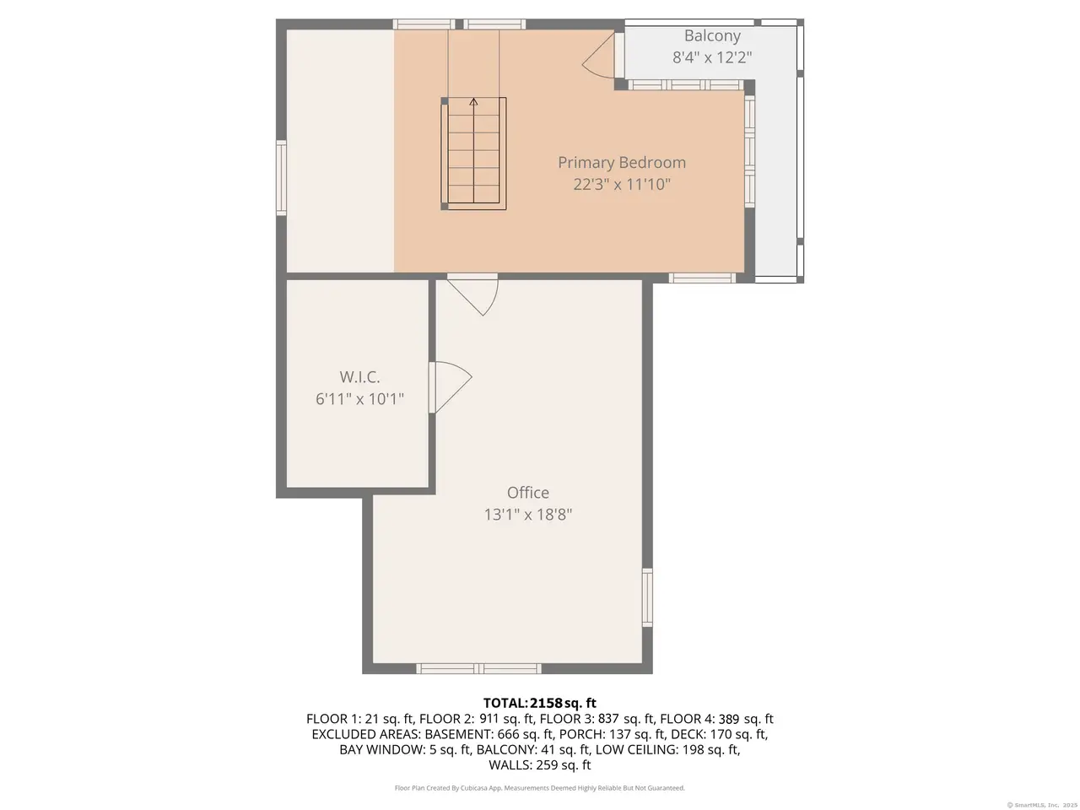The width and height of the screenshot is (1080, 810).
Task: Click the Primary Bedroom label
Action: click(x=622, y=163)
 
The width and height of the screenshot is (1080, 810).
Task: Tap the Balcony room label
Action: click(x=712, y=36)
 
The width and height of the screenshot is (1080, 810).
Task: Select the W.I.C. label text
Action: click(x=359, y=377)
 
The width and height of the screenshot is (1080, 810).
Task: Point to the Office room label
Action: click(x=528, y=492)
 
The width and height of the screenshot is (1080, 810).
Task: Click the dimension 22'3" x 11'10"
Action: click(x=622, y=185)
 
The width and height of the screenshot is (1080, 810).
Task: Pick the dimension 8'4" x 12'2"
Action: click(x=712, y=57)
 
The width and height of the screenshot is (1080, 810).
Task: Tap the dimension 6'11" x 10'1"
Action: click(x=359, y=399)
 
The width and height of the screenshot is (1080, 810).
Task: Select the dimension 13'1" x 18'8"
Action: click(x=528, y=515)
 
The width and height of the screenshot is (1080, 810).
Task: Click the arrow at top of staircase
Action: click(x=473, y=102)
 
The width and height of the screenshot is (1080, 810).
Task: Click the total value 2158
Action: click(x=546, y=703)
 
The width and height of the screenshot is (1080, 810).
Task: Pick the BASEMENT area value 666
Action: click(x=507, y=734)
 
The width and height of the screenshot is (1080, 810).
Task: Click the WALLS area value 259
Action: click(x=546, y=764)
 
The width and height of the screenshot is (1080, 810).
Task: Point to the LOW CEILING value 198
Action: click(x=692, y=749)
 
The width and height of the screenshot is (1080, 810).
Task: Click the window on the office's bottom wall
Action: click(x=478, y=668)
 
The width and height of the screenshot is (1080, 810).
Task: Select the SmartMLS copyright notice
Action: click(x=1042, y=805)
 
